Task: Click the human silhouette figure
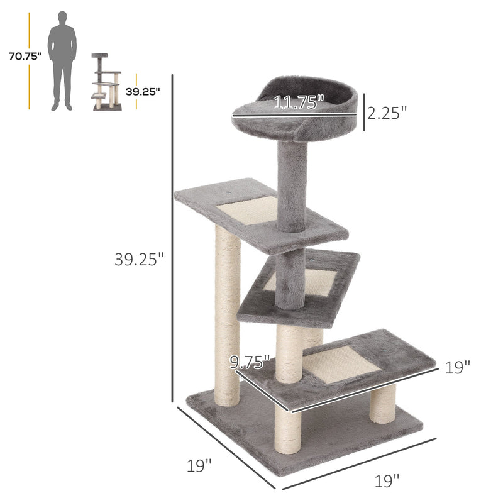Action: pyautogui.click(x=62, y=63)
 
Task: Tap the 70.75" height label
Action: pyautogui.click(x=25, y=56)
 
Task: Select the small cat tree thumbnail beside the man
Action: pyautogui.click(x=106, y=82)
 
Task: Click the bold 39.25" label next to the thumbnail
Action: pyautogui.click(x=143, y=91)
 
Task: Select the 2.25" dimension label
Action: pyautogui.click(x=387, y=113)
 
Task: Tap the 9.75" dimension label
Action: pyautogui.click(x=250, y=362)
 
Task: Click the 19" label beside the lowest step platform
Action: pyautogui.click(x=458, y=367)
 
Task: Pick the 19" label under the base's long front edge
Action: pyautogui.click(x=387, y=482)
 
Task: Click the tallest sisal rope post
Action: pyautogui.click(x=227, y=314)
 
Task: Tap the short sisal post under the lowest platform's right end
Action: pyautogui.click(x=383, y=403)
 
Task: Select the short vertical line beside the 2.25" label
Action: pyautogui.click(x=363, y=113)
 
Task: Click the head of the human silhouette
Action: pyautogui.click(x=62, y=17)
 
